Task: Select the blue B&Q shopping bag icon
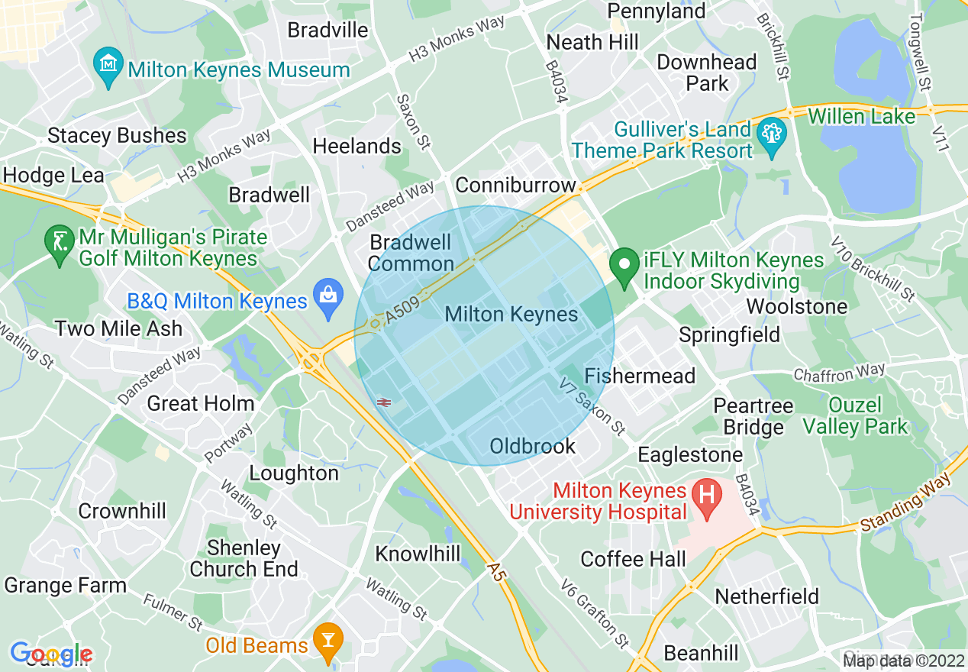[x=328, y=301]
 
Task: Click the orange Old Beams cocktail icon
[x=329, y=644]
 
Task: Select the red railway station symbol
[x=383, y=402]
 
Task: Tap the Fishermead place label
[x=640, y=376]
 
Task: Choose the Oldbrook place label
[x=533, y=446]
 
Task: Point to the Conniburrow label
[x=515, y=186]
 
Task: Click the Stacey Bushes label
[x=117, y=136]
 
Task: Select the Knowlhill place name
[x=418, y=554]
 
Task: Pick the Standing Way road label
[x=905, y=506]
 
